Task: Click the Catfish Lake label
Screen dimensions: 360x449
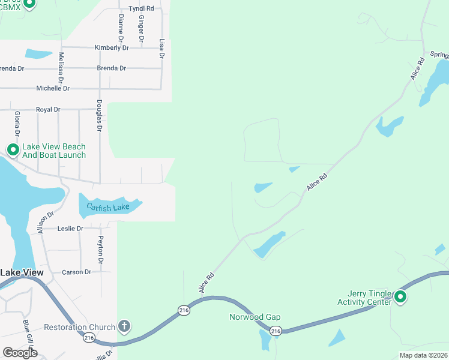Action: coord(108,207)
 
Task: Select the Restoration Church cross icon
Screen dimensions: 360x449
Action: coord(124,327)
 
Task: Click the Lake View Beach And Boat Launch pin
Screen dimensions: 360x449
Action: coord(12,149)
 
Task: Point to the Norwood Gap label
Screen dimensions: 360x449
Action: coord(255,317)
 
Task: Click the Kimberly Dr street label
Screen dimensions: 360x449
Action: coord(112,47)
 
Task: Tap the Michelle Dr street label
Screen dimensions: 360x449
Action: coord(53,88)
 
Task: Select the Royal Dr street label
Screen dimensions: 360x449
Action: coord(48,110)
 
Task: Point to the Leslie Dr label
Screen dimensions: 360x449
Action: coord(70,229)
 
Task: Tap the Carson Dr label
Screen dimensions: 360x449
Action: coord(76,272)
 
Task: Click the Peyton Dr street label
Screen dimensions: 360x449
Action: coord(101,250)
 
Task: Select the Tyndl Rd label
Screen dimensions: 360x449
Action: coord(141,9)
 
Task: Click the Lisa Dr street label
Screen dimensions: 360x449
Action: coord(161,48)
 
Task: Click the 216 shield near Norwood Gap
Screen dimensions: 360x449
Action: coord(276,331)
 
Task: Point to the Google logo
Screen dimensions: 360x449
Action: coord(20,353)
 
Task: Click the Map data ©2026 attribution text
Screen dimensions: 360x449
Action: coord(424,355)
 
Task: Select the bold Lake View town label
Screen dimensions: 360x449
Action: coord(22,272)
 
